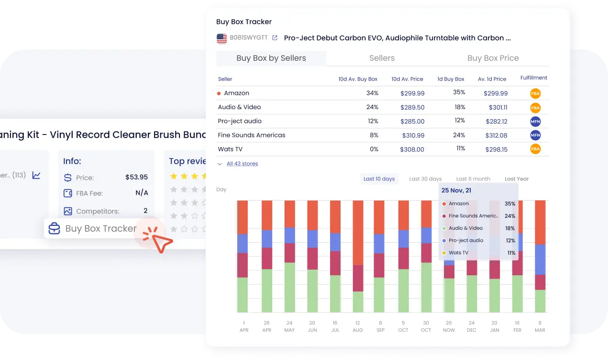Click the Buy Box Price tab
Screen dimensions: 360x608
493,58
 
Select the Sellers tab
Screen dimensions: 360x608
382,58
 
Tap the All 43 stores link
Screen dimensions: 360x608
242,164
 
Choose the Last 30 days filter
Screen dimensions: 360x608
425,179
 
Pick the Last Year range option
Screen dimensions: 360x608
517,179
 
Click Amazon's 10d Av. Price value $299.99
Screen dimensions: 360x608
412,93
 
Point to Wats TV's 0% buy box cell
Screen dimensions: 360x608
374,149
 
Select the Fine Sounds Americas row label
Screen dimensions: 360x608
251,135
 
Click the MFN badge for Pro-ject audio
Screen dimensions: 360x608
535,121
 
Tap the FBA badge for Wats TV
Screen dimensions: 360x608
535,149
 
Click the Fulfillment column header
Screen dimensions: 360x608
533,78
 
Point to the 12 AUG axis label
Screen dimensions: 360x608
358,326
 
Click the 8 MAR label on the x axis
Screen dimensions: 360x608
540,326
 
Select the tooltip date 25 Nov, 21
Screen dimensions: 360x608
456,191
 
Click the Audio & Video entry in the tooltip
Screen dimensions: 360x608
465,228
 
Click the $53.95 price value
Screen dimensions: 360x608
136,177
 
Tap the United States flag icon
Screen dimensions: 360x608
221,38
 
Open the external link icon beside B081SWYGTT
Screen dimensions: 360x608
275,38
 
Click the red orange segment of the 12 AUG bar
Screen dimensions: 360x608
358,232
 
